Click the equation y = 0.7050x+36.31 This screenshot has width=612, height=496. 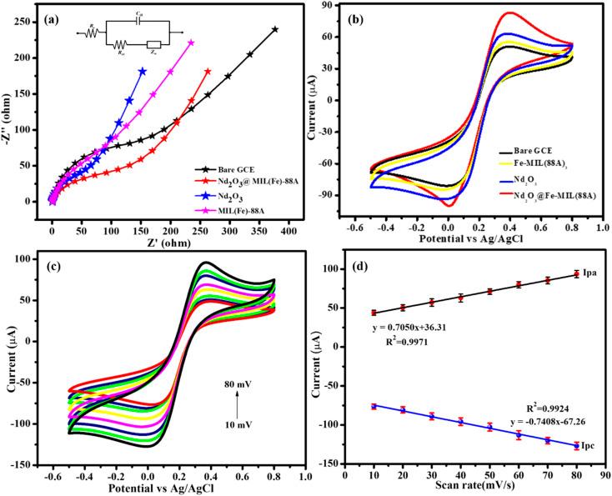tap(415, 328)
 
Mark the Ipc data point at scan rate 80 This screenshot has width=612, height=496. tap(576, 446)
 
